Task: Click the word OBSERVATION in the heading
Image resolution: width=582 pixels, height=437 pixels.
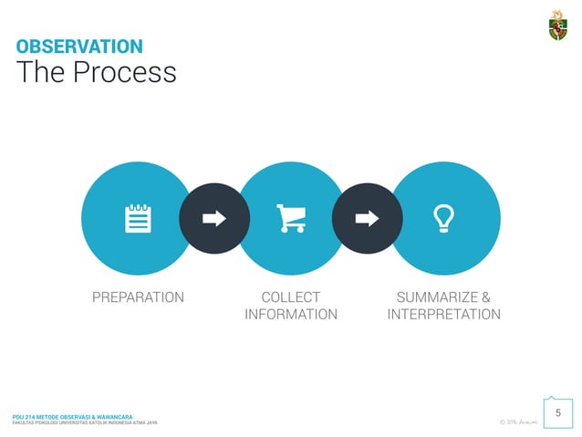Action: (x=79, y=46)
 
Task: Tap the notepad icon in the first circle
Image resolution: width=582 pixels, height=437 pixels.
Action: (x=138, y=218)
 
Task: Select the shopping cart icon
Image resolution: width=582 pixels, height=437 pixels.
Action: (x=291, y=218)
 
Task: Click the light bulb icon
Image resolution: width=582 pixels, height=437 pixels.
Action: (x=443, y=218)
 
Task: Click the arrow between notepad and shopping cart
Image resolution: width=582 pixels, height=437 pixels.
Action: (x=214, y=218)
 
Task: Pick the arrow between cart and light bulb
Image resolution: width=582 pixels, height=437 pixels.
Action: (x=367, y=218)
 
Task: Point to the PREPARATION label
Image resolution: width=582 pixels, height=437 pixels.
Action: (x=138, y=297)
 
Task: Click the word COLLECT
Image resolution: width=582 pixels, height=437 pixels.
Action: (x=291, y=297)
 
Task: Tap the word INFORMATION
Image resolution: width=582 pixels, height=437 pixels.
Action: (x=291, y=315)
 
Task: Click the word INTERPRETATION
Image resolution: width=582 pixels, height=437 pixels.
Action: (x=443, y=315)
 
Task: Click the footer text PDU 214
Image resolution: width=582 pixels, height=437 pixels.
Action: (x=26, y=416)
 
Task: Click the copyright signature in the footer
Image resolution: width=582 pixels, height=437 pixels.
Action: (x=517, y=421)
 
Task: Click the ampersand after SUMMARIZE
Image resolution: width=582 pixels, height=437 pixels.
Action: (x=485, y=297)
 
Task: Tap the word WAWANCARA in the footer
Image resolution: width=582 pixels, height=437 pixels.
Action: (x=122, y=416)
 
